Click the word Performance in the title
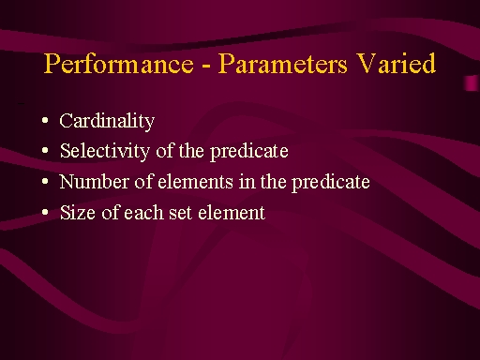pos(118,64)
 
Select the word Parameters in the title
pos(282,64)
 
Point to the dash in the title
pos(205,66)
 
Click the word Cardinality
pos(107,121)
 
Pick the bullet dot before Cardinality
pos(45,120)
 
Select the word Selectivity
pos(105,151)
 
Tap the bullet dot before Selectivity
pos(45,151)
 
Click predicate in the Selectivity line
pos(249,151)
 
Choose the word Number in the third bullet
pos(94,181)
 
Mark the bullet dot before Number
pos(45,181)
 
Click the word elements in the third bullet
pos(195,182)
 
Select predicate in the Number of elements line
pos(331,182)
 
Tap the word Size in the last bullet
pos(78,213)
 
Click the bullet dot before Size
pos(45,212)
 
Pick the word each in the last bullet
pos(143,213)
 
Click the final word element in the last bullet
pos(232,213)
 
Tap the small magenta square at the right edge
pos(472,83)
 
